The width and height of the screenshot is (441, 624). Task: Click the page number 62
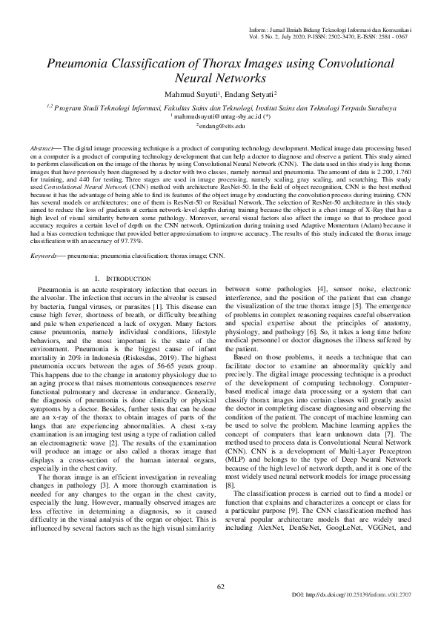(220, 587)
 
